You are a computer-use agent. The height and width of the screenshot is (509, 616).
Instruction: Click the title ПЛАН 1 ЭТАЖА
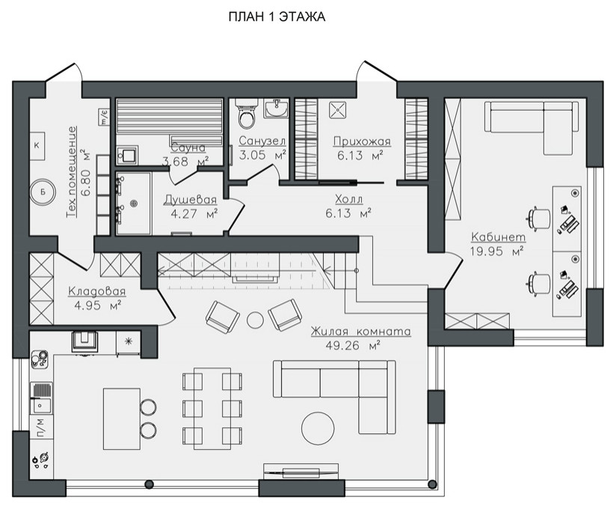point(277,17)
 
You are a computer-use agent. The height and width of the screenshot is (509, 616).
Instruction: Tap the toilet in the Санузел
point(247,114)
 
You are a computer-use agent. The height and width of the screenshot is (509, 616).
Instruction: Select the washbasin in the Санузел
point(276,109)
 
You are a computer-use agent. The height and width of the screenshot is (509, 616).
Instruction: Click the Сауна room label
point(188,147)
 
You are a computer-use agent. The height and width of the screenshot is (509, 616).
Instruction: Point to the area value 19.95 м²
point(496,252)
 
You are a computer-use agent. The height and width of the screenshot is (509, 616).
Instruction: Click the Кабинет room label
point(498,237)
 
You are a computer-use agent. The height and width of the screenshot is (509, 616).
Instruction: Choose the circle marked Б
point(43,192)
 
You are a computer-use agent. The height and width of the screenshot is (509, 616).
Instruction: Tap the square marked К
point(37,145)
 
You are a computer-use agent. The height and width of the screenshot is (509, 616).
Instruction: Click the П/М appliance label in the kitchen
point(40,427)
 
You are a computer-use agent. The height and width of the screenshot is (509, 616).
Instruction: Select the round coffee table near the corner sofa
point(318,428)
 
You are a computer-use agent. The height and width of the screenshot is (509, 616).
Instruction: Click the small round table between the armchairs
point(256,320)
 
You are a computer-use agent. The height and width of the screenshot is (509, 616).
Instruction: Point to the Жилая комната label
point(360,332)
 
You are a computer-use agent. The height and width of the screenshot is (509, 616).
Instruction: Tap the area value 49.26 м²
point(353,346)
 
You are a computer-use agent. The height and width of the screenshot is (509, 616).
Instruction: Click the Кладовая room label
point(97,291)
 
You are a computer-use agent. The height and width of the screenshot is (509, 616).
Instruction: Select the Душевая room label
point(191,199)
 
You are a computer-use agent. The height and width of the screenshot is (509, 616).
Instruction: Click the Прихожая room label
point(362,141)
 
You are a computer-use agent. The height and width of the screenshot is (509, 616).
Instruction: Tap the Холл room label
point(349,199)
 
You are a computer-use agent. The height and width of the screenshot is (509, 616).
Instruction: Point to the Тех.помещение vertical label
point(72,172)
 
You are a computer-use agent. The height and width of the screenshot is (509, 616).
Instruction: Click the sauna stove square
point(127,155)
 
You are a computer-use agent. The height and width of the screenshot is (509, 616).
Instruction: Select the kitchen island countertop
point(122,418)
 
